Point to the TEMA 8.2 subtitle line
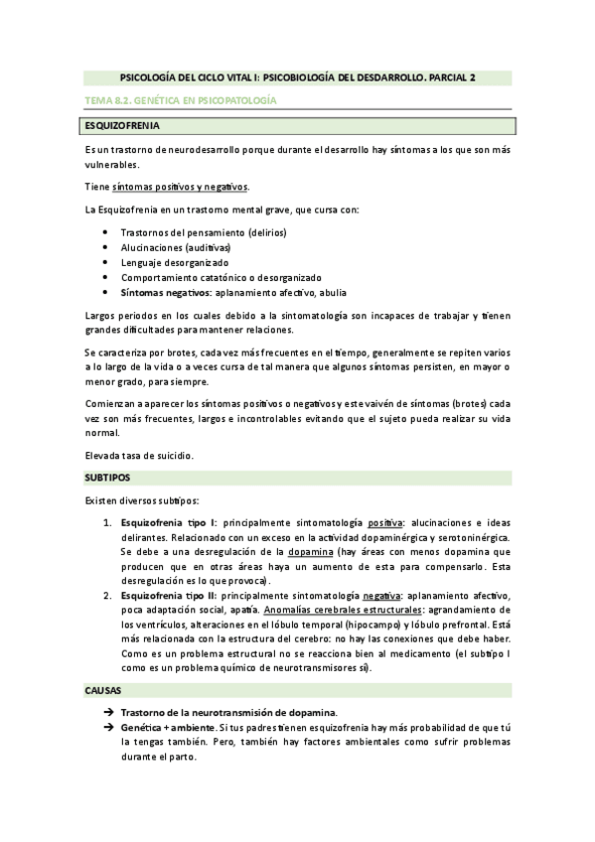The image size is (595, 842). point(178,102)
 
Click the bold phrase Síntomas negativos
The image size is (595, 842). point(166,294)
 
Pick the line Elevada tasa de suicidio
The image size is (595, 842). point(139,455)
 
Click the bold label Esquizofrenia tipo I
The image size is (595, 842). point(168,521)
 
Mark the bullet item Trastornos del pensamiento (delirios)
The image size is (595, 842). point(204,232)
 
